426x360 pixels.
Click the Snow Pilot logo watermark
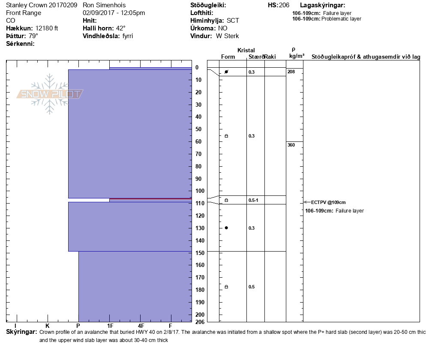[x=50, y=94]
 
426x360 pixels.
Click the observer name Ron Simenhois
[x=105, y=5]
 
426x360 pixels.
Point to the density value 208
[x=291, y=72]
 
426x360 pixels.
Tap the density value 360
[x=291, y=145]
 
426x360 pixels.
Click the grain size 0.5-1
[x=253, y=200]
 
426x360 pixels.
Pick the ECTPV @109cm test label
[x=328, y=202]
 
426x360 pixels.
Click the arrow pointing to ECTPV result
[x=307, y=202]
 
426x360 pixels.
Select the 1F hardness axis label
[x=110, y=326]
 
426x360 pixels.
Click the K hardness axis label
[x=48, y=326]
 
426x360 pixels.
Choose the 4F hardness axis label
[x=141, y=326]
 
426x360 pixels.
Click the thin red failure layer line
[x=150, y=199]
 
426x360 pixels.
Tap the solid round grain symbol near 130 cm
[x=226, y=228]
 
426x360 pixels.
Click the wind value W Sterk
[x=228, y=36]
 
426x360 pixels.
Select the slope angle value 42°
[x=120, y=28]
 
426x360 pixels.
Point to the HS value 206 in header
[x=284, y=5]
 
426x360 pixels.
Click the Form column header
[x=228, y=57]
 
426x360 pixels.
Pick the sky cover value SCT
[x=233, y=21]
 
